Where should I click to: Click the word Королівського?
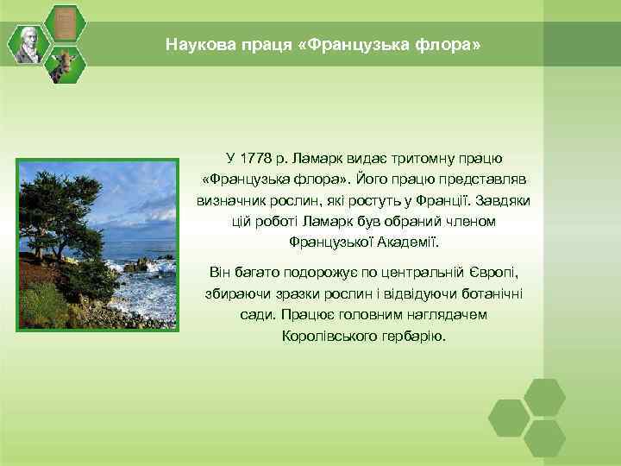[x=326, y=335]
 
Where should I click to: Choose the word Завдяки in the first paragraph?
[x=505, y=199]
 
